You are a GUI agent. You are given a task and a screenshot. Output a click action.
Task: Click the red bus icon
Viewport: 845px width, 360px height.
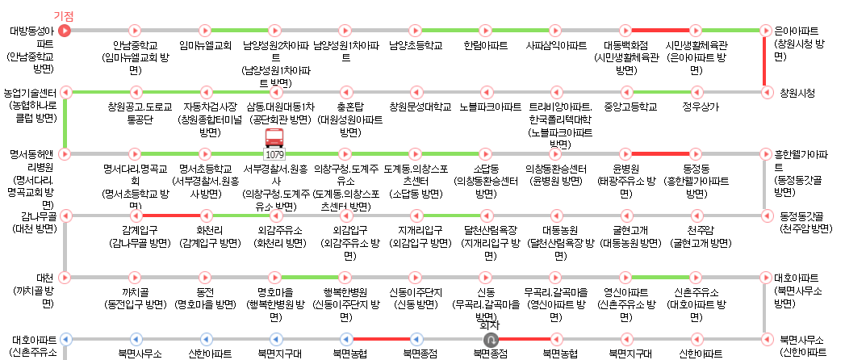tap(275, 137)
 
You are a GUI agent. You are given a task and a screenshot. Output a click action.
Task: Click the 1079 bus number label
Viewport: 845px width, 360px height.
tap(275, 153)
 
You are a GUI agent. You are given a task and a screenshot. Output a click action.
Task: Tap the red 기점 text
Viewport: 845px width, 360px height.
tap(64, 16)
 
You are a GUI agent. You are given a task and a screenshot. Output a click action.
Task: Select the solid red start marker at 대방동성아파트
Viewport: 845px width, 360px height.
tap(65, 31)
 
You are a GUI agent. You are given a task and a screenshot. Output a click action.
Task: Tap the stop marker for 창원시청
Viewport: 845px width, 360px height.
tap(764, 92)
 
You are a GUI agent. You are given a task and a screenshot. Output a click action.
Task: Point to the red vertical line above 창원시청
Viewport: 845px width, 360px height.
tap(764, 61)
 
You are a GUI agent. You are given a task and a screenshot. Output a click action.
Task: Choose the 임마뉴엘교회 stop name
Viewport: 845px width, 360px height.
tap(205, 45)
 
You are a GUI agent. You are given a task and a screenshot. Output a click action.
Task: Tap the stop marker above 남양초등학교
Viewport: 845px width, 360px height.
tap(415, 31)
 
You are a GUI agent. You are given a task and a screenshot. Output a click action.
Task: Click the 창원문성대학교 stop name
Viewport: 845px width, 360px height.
tap(415, 106)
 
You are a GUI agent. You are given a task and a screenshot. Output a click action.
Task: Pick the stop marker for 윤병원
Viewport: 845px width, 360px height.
tap(626, 153)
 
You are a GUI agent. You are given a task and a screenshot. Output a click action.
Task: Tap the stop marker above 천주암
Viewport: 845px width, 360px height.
tap(696, 216)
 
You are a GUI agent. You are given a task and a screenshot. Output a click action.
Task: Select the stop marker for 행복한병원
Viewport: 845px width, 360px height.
tap(345, 277)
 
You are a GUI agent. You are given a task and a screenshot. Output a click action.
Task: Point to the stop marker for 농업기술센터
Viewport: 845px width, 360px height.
tap(65, 92)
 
